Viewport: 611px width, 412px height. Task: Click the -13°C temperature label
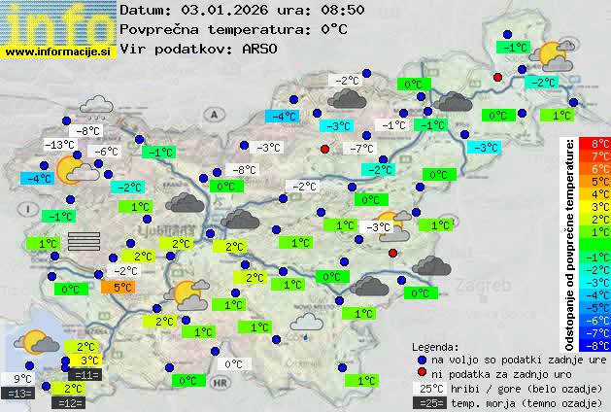point(59,145)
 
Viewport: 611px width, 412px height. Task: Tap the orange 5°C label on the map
point(122,288)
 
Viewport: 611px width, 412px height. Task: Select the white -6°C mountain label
point(105,152)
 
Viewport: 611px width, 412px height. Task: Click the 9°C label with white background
point(22,379)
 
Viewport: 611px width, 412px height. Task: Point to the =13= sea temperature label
point(18,394)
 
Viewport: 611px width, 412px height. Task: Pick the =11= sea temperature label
point(85,374)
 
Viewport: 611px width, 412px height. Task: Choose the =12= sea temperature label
point(71,401)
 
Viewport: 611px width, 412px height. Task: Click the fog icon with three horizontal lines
point(85,242)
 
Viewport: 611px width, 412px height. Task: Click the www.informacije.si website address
point(59,51)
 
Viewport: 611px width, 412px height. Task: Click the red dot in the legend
point(422,372)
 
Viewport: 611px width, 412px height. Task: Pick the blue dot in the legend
point(422,359)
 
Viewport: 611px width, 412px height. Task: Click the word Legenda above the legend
point(435,346)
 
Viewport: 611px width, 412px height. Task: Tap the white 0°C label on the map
point(233,364)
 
